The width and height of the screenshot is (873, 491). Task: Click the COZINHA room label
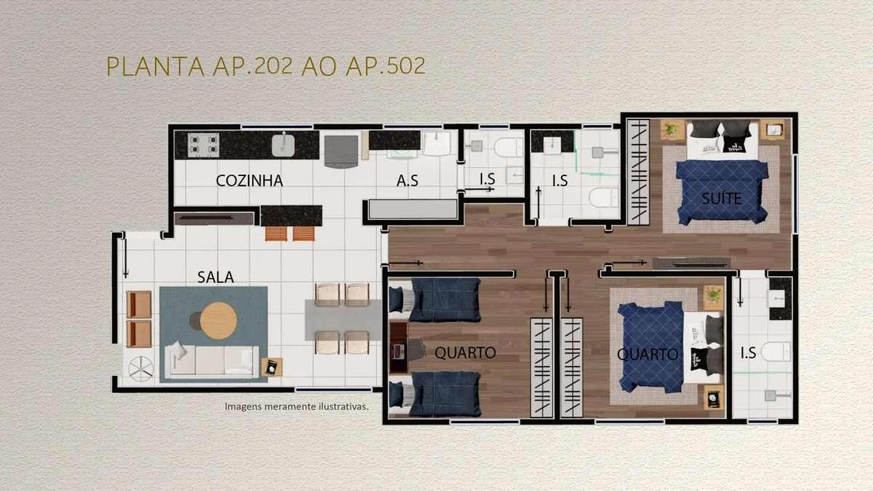click(x=250, y=180)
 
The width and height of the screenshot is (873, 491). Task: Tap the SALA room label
click(x=215, y=277)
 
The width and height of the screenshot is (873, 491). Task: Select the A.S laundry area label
click(x=407, y=180)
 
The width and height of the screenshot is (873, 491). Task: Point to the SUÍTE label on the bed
click(x=722, y=199)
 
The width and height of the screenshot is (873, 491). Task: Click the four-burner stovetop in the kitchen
click(x=203, y=145)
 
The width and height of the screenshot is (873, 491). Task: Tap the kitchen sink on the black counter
click(x=283, y=145)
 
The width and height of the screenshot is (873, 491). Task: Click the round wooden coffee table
click(x=219, y=321)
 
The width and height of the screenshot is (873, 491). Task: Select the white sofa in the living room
click(x=212, y=362)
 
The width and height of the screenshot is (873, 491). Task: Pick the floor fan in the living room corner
click(x=140, y=369)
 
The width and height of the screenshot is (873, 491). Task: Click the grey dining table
click(x=343, y=319)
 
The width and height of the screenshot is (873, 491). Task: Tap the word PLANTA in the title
click(x=156, y=66)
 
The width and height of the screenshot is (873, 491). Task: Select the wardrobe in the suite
click(x=638, y=172)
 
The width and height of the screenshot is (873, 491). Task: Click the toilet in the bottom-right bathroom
click(x=776, y=351)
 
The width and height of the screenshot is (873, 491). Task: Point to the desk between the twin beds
click(x=399, y=347)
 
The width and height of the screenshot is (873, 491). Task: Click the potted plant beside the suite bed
click(x=671, y=129)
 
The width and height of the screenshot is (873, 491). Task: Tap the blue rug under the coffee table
click(x=214, y=335)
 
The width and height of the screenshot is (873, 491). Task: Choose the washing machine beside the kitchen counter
click(x=341, y=151)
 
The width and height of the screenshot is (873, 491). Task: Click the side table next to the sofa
click(x=272, y=367)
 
